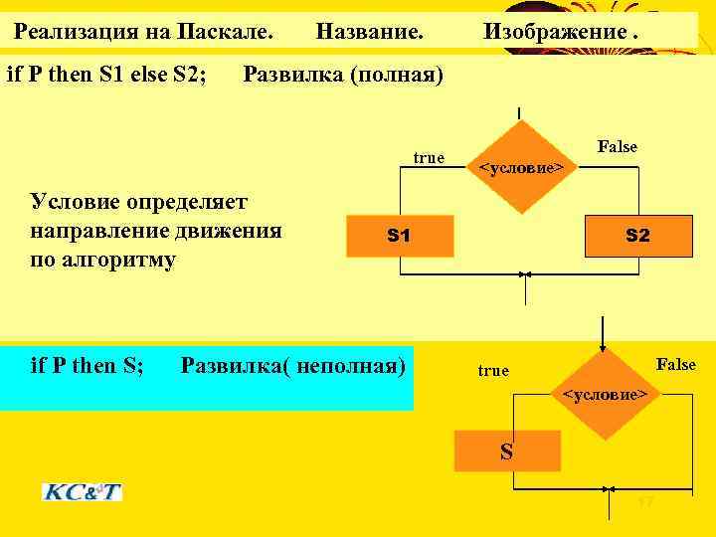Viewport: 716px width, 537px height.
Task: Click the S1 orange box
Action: tap(399, 236)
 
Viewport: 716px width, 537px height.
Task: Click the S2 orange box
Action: tap(635, 236)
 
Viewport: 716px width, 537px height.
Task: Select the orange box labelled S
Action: tap(506, 450)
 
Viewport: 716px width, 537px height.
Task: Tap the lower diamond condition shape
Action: tap(604, 395)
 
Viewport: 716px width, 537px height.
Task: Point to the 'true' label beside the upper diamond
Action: tap(429, 158)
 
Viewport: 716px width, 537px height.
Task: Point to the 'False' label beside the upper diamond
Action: tap(617, 147)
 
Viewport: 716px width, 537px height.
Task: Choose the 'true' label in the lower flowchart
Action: tap(492, 371)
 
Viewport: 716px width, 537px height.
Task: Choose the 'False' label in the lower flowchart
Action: tap(675, 364)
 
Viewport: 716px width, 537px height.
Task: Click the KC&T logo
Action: tap(82, 491)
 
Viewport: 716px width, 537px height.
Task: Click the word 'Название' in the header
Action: tap(369, 32)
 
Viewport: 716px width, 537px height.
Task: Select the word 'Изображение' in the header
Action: tap(553, 32)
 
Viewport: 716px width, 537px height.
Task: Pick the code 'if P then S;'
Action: tap(88, 366)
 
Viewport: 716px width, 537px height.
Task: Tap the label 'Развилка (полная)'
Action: tap(343, 75)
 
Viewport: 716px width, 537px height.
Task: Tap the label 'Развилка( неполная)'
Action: tap(293, 366)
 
